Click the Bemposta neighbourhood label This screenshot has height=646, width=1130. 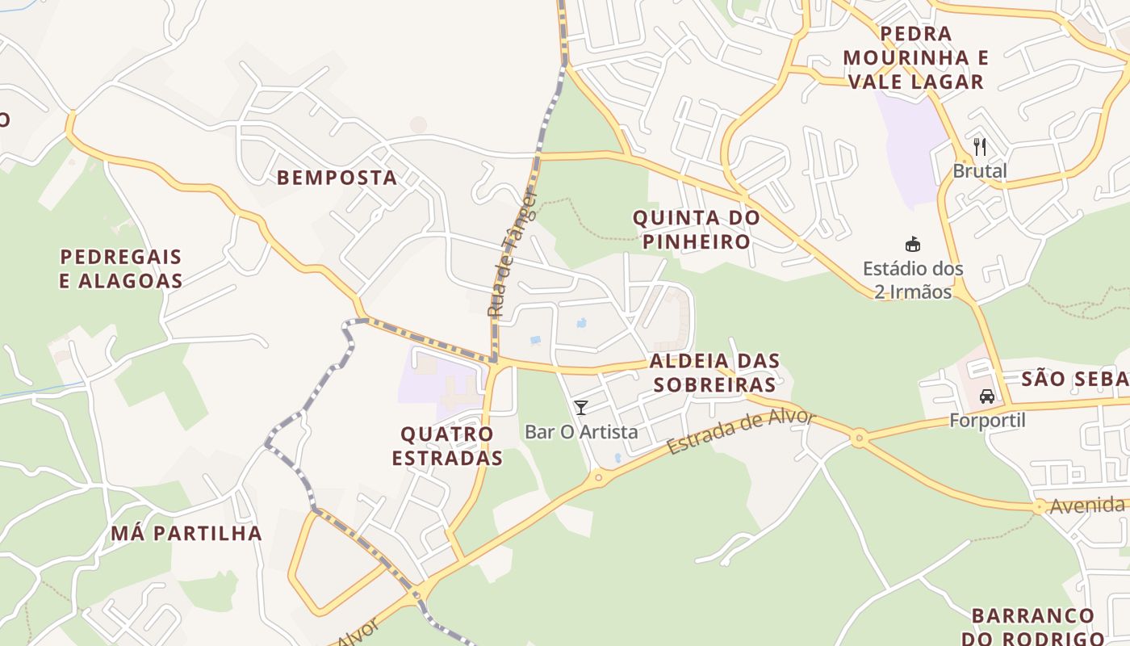point(337,178)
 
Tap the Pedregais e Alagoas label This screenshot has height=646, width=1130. point(121,269)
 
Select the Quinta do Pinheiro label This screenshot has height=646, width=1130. point(697,229)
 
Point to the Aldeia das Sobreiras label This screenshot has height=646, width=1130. point(714,372)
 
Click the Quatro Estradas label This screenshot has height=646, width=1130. point(447,446)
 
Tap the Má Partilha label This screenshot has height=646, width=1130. point(186,533)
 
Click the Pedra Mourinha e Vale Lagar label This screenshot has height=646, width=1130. point(916,57)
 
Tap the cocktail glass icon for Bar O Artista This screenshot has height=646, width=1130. point(580,407)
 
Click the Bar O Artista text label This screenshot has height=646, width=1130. point(581,432)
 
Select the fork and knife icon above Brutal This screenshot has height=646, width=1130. point(980,147)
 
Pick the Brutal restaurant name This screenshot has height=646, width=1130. point(980,171)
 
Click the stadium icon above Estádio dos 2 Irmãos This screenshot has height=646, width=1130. point(913,244)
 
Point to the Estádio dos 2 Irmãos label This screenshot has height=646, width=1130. point(913,279)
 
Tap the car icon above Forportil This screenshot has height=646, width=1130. point(987,396)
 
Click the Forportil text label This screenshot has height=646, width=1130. point(987,421)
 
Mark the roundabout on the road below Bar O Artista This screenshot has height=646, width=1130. point(598,478)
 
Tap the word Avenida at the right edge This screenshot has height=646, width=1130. point(1087,506)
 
